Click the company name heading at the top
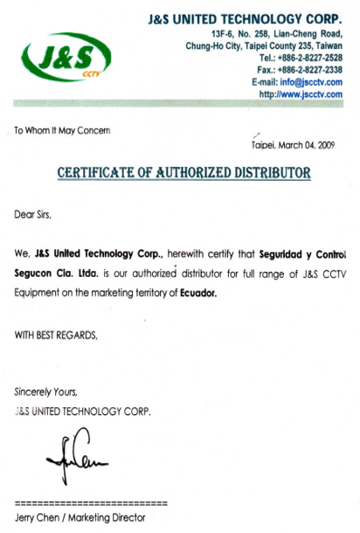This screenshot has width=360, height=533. click(246, 17)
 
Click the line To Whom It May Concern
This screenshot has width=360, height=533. click(63, 131)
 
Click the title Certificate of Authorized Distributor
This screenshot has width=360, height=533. click(183, 173)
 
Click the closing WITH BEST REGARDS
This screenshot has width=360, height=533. click(56, 335)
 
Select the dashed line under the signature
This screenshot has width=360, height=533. click(91, 504)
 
